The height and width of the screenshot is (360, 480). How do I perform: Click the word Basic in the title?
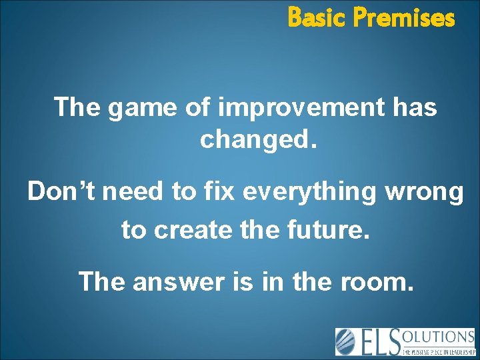(317, 18)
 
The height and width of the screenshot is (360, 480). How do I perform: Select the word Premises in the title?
(403, 18)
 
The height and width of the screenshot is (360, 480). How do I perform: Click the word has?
(415, 107)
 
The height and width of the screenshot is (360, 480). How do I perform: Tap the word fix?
(221, 192)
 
